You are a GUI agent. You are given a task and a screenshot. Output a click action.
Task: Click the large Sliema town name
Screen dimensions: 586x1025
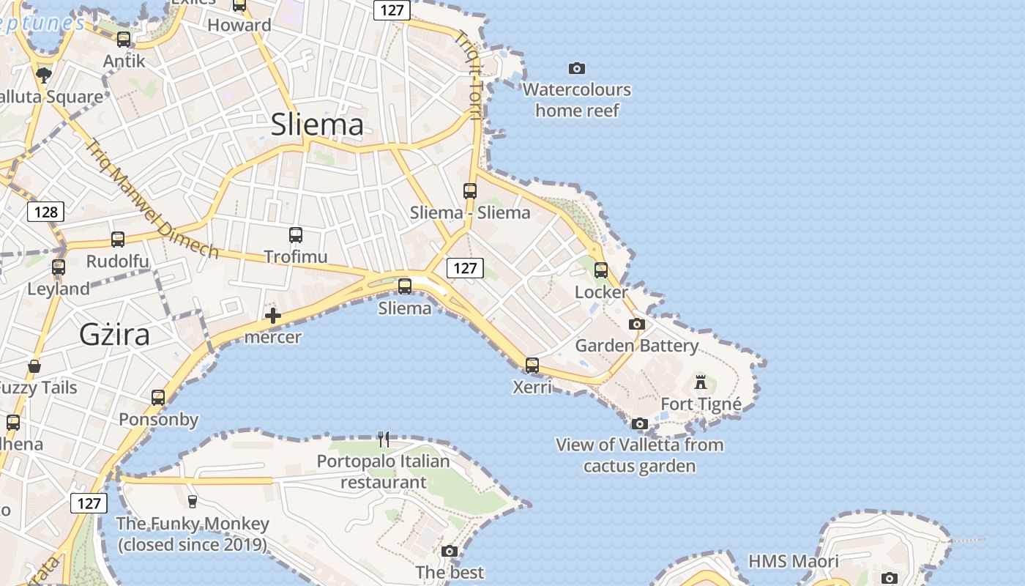click(317, 125)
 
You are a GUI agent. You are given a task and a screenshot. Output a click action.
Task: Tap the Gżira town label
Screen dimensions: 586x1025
click(114, 335)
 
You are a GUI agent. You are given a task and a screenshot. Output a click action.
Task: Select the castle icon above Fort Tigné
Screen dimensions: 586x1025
click(701, 382)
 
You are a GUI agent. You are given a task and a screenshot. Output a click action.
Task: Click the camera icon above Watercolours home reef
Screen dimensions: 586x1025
click(577, 68)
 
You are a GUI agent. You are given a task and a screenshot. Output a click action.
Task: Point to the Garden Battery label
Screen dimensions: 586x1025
click(636, 345)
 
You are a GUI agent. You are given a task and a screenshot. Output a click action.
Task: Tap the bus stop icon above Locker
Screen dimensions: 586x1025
click(601, 270)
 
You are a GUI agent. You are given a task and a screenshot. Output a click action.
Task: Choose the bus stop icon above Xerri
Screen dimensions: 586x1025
click(532, 365)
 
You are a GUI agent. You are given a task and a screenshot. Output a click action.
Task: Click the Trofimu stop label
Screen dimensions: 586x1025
click(295, 256)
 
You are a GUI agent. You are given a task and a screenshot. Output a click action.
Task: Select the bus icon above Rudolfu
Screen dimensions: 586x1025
click(118, 240)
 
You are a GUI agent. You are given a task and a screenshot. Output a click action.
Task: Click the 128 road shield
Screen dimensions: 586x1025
click(46, 212)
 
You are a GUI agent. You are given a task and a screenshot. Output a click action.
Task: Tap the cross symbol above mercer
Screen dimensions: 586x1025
click(273, 316)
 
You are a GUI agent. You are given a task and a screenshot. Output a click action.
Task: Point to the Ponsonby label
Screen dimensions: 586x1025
click(159, 420)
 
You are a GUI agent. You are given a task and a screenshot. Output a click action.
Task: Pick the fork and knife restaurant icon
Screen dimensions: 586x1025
click(384, 439)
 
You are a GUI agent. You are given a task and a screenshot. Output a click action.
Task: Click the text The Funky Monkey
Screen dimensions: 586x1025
click(193, 524)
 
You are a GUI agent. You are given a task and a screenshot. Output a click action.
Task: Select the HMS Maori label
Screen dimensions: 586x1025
click(794, 561)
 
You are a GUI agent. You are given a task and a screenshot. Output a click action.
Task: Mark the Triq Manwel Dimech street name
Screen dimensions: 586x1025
click(152, 199)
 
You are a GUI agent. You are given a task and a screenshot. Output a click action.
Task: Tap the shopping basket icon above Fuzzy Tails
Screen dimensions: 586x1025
click(34, 366)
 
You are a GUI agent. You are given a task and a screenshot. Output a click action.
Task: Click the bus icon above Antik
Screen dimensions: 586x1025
click(124, 40)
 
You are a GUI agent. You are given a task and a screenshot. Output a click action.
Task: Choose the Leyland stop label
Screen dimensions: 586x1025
click(59, 289)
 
